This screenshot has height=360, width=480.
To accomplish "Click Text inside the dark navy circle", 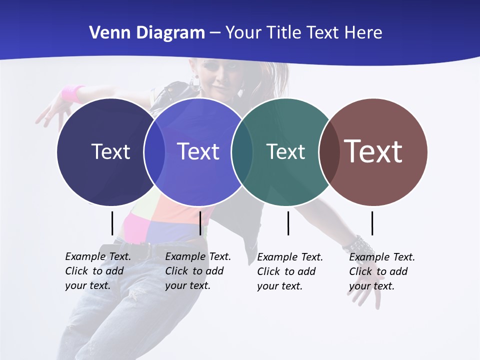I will [x=110, y=151].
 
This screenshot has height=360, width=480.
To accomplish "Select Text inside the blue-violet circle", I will [x=198, y=151].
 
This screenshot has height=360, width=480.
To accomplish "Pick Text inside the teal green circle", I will [x=285, y=151].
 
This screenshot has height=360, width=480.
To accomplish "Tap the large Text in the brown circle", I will [x=373, y=151].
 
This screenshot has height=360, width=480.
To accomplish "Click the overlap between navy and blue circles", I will [x=154, y=151].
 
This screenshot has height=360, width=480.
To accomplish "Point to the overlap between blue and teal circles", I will [x=242, y=151].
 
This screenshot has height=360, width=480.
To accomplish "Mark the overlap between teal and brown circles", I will [x=329, y=151].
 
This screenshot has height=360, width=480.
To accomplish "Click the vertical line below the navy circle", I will [x=112, y=223].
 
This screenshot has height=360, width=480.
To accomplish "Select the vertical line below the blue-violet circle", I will [x=200, y=223].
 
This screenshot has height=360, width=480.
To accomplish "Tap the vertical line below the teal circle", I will [x=288, y=223].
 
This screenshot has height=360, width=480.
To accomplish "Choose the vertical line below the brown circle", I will [x=372, y=223].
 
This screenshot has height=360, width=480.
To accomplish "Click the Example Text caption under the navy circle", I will [x=97, y=271].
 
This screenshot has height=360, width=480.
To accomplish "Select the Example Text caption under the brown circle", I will [x=381, y=271].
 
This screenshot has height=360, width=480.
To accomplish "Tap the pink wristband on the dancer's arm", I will [x=73, y=93].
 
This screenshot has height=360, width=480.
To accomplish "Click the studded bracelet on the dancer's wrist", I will [x=358, y=245].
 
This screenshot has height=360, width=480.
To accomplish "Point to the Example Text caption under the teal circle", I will [x=289, y=271].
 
